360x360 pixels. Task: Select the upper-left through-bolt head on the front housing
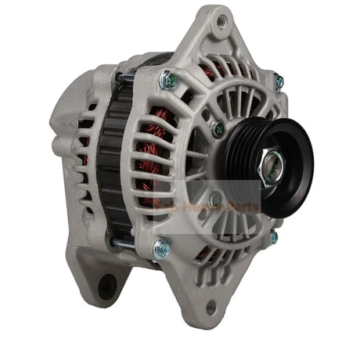tap(166, 79)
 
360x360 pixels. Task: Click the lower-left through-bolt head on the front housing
tap(161, 249)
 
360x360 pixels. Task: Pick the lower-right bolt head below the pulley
tap(273, 236)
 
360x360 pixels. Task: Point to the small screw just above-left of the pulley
tap(218, 129)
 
